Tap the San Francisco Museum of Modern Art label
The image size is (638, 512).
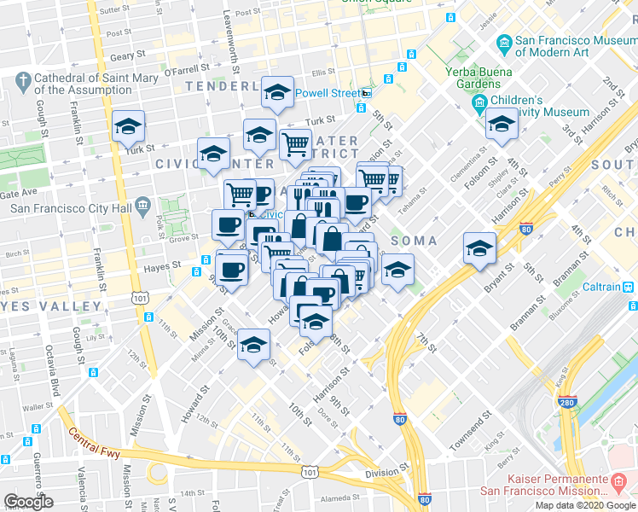click(571, 48)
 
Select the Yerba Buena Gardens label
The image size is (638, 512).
click(473, 78)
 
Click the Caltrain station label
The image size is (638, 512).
click(606, 288)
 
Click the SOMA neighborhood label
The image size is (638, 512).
click(414, 241)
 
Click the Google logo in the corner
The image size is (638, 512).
click(28, 502)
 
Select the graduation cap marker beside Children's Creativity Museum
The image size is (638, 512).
click(502, 125)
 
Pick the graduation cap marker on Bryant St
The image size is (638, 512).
click(479, 247)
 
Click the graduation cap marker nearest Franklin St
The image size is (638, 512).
click(128, 127)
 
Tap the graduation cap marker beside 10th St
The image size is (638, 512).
click(253, 346)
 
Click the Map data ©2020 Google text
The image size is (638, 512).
click(584, 505)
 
